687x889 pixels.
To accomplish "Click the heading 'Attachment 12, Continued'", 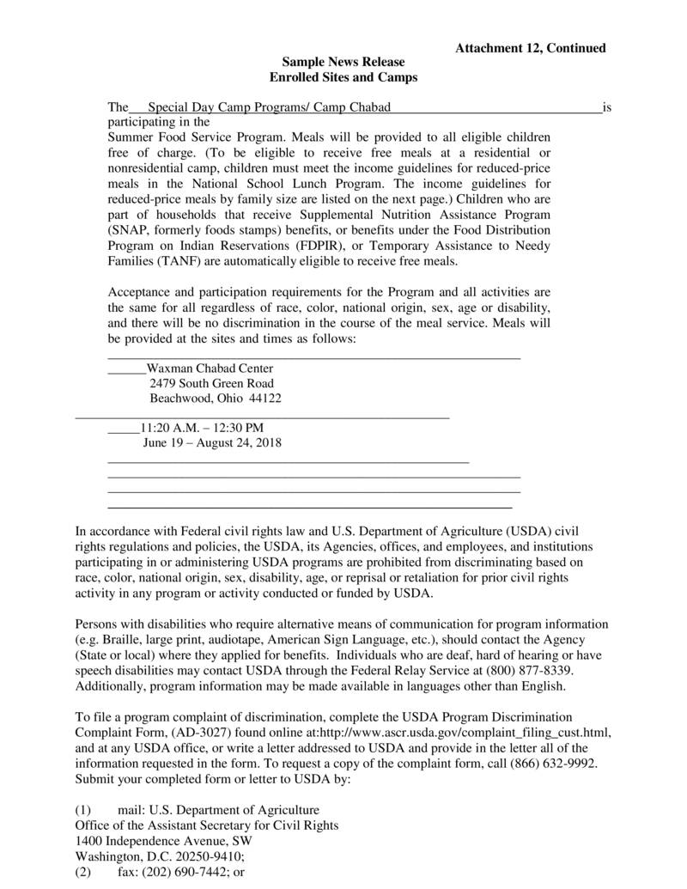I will point(530,48).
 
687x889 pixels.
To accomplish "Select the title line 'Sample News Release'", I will point(343,63).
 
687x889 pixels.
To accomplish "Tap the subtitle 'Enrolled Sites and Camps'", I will point(343,77).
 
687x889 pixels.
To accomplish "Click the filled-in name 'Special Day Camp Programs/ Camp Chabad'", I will point(269,107).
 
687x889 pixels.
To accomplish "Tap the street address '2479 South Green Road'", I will point(212,383).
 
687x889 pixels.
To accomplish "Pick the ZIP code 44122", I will point(264,399).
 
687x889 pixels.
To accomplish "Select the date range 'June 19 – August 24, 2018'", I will point(212,443).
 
